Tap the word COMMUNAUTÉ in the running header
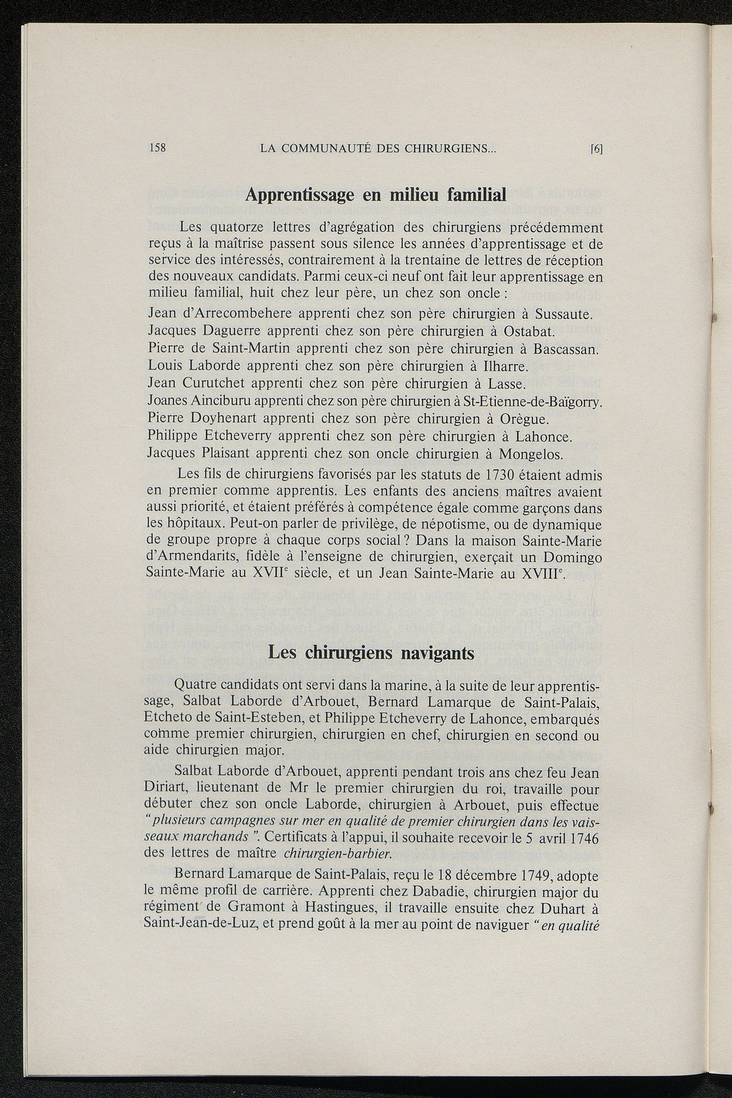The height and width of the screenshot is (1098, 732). pos(320,149)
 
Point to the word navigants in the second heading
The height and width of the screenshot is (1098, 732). pos(435,653)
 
